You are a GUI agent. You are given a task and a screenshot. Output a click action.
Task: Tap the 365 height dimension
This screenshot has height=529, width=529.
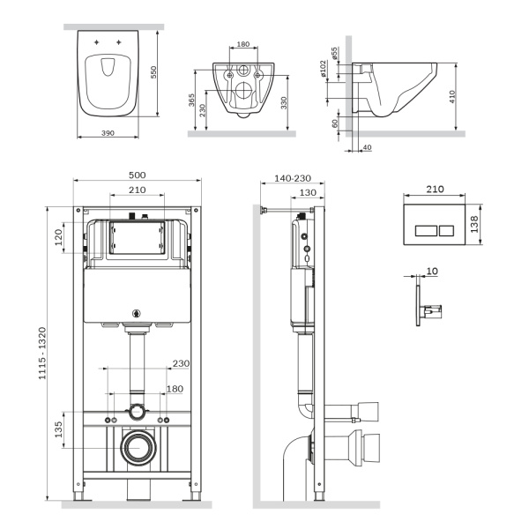(192, 100)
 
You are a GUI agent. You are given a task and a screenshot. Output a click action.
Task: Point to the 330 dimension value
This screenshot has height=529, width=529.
(283, 102)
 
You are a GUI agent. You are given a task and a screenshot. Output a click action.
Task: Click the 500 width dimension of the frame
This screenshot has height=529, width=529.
(137, 175)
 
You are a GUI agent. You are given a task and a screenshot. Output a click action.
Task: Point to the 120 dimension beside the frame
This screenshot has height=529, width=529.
(59, 237)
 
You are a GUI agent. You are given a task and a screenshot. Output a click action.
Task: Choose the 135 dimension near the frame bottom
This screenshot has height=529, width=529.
(59, 431)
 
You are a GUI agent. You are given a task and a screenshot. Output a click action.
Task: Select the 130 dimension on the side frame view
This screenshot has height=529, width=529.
(307, 192)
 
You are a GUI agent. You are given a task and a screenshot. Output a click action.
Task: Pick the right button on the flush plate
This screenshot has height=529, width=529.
(445, 231)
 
